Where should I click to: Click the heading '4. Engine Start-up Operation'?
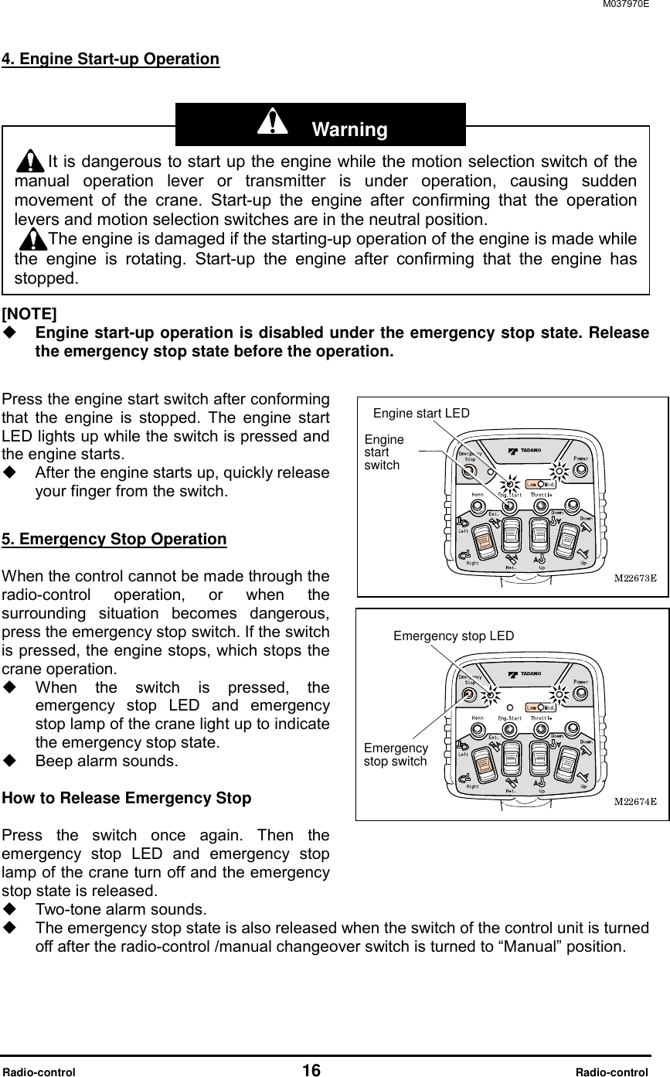click(111, 60)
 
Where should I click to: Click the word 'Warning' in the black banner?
click(349, 129)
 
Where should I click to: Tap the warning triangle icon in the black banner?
click(271, 122)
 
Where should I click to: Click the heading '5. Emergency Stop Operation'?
click(115, 539)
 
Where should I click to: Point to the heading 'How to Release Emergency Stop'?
click(127, 798)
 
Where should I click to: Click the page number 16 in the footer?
click(311, 1070)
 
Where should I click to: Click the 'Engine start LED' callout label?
click(421, 413)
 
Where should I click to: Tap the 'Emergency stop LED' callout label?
click(454, 636)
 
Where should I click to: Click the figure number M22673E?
click(634, 577)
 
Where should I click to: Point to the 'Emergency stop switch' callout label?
click(395, 755)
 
